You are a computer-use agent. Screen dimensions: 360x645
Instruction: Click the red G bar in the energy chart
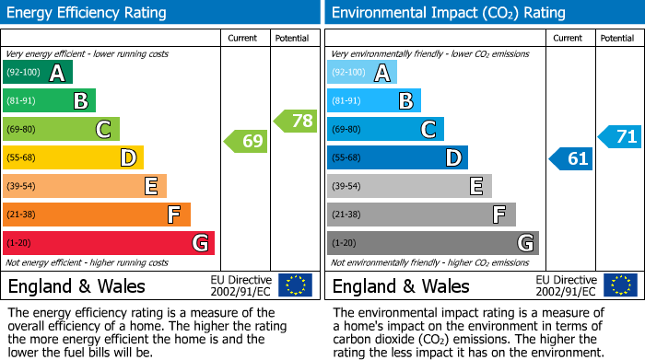click(109, 243)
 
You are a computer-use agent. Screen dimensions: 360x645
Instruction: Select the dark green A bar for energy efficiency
click(38, 73)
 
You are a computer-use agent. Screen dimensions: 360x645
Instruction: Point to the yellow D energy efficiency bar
click(73, 157)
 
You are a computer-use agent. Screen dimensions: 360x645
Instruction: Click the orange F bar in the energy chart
click(97, 215)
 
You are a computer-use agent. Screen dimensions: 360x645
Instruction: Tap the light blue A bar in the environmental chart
click(362, 73)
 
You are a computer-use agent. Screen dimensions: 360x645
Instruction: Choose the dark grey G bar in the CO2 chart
click(433, 243)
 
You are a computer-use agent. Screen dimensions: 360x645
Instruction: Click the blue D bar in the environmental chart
click(397, 157)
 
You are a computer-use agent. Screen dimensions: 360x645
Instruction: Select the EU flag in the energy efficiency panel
click(295, 285)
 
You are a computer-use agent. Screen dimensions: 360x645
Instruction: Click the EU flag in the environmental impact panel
click(619, 285)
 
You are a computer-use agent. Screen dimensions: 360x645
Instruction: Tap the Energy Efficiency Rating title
click(88, 13)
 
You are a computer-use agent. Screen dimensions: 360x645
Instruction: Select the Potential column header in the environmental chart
click(617, 38)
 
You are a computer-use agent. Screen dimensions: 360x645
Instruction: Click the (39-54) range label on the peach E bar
click(21, 187)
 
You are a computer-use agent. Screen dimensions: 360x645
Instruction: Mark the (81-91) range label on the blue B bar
click(346, 101)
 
